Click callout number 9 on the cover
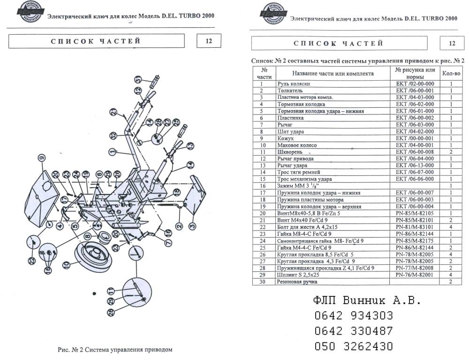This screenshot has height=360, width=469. point(41,157)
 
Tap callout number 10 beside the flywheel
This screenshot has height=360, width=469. point(67,264)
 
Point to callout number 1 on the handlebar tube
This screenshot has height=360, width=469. point(112,152)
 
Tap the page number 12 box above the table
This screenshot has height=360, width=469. point(452,43)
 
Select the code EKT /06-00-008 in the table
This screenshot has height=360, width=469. point(415,152)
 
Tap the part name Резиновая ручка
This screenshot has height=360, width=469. point(297,282)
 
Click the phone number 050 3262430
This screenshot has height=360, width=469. point(354,346)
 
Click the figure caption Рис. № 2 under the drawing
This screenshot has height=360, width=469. point(115,349)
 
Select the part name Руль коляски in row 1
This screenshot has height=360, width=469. point(294,83)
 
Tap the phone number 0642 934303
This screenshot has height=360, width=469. point(354,315)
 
